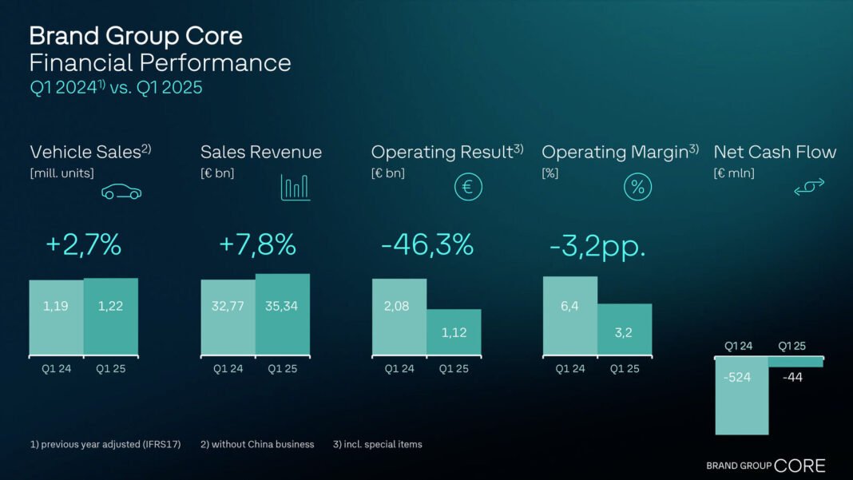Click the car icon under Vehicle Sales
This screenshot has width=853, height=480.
(121, 192)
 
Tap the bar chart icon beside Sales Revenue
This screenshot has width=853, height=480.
(295, 188)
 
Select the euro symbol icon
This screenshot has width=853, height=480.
(468, 188)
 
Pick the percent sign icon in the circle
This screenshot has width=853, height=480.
(637, 188)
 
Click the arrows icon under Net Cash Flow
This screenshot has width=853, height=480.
(809, 187)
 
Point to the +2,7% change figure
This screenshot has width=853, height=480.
(84, 245)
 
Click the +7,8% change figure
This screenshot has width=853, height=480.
(257, 245)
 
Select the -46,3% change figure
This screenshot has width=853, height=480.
(427, 245)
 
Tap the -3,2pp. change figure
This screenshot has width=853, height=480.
(597, 247)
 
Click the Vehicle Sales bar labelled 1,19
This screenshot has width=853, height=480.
(56, 317)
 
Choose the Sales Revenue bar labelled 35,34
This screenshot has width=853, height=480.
(283, 315)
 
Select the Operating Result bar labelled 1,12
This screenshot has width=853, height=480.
(454, 332)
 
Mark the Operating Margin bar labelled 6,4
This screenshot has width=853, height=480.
(570, 315)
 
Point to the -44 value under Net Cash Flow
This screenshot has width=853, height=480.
(792, 377)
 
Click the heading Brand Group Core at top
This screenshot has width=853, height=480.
(136, 36)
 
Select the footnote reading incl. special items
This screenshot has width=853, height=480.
(377, 444)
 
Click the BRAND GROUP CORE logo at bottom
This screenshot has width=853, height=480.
(765, 466)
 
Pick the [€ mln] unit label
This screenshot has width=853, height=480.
(733, 173)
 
